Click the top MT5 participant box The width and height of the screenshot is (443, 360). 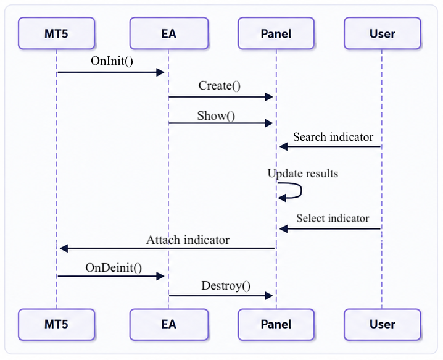click(x=57, y=33)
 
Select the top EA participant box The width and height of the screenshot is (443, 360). click(x=169, y=33)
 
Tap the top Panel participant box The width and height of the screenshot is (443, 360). click(x=276, y=33)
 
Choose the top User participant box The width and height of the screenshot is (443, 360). click(x=383, y=33)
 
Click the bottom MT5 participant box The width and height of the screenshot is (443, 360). click(x=57, y=324)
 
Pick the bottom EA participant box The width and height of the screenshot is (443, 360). click(x=169, y=324)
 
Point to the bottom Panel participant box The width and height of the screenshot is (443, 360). click(x=276, y=324)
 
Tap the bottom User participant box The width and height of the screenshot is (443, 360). click(x=383, y=324)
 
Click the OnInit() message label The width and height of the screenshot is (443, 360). click(x=112, y=61)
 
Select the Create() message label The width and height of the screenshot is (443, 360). click(x=220, y=86)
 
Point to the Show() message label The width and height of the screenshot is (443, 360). click(x=216, y=116)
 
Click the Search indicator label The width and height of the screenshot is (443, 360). click(x=333, y=137)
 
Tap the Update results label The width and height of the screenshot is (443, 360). click(x=303, y=174)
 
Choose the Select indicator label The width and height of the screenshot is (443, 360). click(x=333, y=219)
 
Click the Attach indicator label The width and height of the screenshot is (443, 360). click(x=188, y=240)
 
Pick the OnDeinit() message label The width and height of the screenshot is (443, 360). click(x=114, y=267)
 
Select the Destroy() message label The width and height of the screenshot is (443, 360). click(x=226, y=286)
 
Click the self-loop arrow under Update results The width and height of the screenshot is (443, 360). click(x=301, y=190)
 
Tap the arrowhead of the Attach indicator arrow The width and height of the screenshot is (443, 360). click(x=64, y=248)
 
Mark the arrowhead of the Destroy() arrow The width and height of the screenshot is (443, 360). click(x=269, y=296)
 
